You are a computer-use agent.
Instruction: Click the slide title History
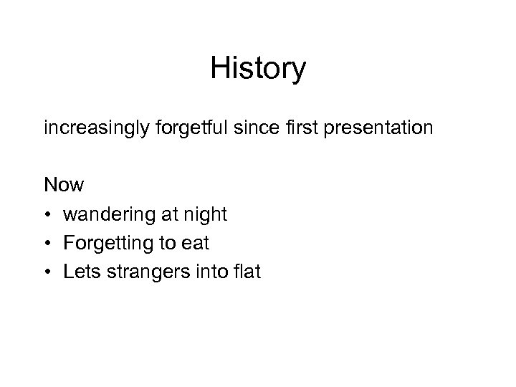pos(258,69)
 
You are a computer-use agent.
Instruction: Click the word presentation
pos(369,130)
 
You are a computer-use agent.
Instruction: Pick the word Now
pos(64,186)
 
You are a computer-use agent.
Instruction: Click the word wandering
pos(105,214)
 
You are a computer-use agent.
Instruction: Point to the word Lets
pos(80,272)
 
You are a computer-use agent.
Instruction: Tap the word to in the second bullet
pos(166,244)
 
